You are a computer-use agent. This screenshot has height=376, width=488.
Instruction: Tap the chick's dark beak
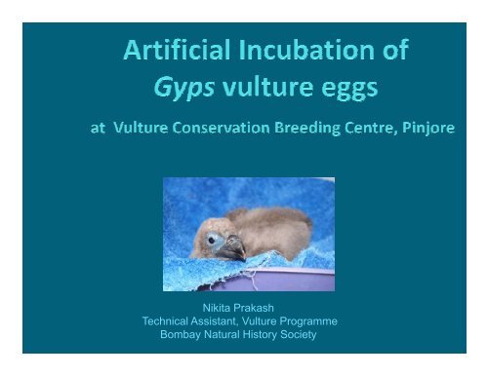pyautogui.click(x=230, y=252)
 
